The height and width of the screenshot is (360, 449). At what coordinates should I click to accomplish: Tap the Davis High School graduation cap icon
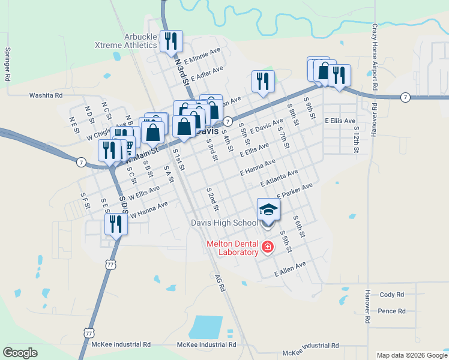(268, 210)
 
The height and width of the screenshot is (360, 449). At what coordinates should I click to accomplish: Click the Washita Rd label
(46, 95)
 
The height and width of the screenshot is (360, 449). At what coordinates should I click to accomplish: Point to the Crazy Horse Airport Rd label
(374, 58)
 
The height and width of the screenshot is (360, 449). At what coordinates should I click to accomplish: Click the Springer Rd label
(8, 65)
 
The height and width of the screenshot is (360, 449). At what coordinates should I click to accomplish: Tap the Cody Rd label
(392, 295)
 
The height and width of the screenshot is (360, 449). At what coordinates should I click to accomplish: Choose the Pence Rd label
(392, 311)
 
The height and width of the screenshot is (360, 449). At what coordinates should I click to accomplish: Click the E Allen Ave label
(290, 268)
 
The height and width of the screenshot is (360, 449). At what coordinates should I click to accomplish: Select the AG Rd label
(221, 283)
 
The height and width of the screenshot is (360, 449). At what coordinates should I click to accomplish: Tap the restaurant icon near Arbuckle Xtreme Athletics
(170, 41)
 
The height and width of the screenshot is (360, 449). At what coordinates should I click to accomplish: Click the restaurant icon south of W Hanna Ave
(114, 224)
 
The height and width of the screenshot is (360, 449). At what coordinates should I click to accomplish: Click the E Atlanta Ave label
(279, 178)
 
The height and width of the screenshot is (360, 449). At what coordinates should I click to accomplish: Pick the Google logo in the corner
(20, 352)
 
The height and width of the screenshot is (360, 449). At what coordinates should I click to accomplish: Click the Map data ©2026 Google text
(411, 355)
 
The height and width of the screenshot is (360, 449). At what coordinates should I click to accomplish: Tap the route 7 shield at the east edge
(406, 97)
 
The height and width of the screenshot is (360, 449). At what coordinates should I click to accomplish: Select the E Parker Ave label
(295, 191)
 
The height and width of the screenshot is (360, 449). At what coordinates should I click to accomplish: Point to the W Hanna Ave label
(149, 208)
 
